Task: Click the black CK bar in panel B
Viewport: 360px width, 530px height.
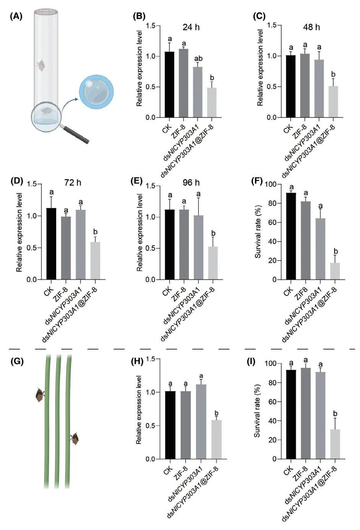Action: click(169, 84)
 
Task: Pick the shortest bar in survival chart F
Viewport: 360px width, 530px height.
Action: click(335, 271)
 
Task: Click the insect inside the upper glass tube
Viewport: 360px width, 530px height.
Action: click(40, 65)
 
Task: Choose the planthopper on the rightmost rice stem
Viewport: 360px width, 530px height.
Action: click(75, 438)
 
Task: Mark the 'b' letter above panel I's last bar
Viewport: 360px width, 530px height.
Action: click(335, 413)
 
